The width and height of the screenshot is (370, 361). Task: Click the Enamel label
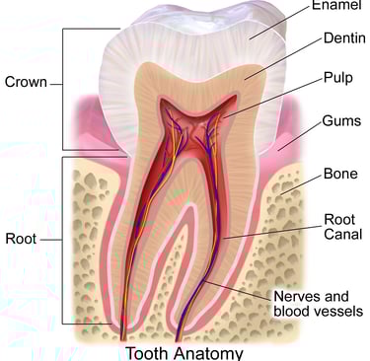click(x=337, y=7)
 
